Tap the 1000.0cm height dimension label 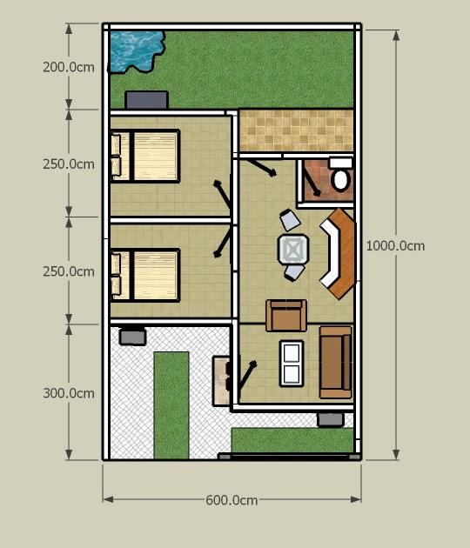click(395, 245)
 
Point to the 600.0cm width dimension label click(232, 500)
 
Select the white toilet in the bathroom click(340, 180)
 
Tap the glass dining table click(292, 250)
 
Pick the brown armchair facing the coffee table click(286, 315)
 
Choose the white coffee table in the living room click(292, 364)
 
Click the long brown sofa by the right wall click(335, 362)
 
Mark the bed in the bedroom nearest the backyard click(145, 156)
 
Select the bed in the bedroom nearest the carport click(145, 274)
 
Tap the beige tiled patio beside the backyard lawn click(295, 130)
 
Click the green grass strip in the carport click(171, 404)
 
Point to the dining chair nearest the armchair click(294, 273)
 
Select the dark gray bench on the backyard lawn click(146, 100)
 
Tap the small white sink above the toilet click(340, 163)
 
